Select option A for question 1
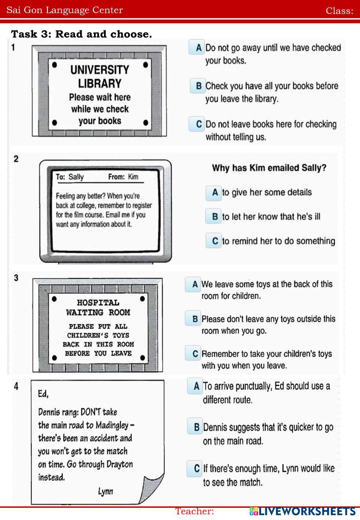pyautogui.click(x=197, y=47)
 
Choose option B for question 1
pyautogui.click(x=198, y=86)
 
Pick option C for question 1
pyautogui.click(x=197, y=124)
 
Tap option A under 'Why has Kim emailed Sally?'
pyautogui.click(x=213, y=192)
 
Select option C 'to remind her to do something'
pyautogui.click(x=213, y=241)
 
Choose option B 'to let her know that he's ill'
pyautogui.click(x=213, y=216)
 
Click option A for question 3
pyautogui.click(x=193, y=284)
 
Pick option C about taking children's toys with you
pyautogui.click(x=193, y=353)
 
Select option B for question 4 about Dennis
pyautogui.click(x=195, y=427)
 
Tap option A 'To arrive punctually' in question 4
pyautogui.click(x=195, y=386)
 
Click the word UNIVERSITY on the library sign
pyautogui.click(x=99, y=70)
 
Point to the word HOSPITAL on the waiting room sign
pyautogui.click(x=98, y=302)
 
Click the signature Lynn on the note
pyautogui.click(x=105, y=491)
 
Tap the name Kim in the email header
pyautogui.click(x=133, y=177)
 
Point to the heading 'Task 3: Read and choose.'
pyautogui.click(x=82, y=34)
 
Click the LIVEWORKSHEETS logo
pyautogui.click(x=302, y=512)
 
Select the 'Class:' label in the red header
pyautogui.click(x=339, y=11)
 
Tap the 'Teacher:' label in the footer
pyautogui.click(x=194, y=511)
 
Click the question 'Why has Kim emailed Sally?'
pyautogui.click(x=269, y=168)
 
